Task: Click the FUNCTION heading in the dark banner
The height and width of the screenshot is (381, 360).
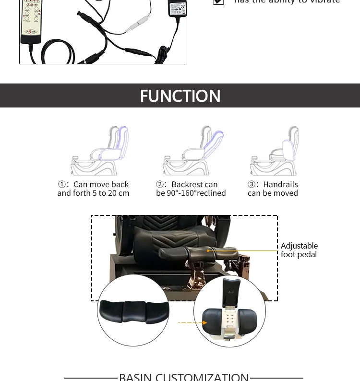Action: point(180,96)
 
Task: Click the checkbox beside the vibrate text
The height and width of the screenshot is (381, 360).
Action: point(218,2)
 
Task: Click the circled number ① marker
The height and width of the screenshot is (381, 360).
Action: point(62,185)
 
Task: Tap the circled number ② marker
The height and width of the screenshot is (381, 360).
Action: point(160,185)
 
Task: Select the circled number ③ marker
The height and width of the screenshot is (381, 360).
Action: point(252,185)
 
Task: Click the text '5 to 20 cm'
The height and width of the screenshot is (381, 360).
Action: point(111,193)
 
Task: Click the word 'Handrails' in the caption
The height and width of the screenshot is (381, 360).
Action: point(280,185)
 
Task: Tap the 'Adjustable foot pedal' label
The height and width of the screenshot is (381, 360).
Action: point(299,250)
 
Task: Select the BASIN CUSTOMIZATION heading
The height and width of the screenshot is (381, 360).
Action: point(184,377)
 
